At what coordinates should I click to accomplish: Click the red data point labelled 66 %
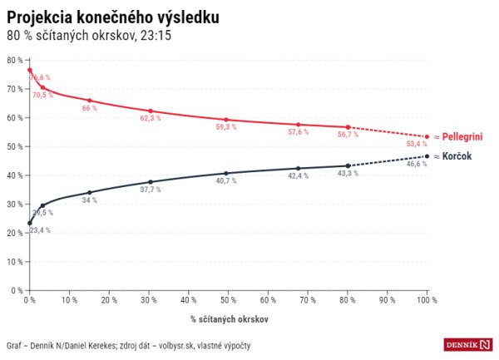pos(89,101)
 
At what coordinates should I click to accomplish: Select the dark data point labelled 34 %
pos(89,192)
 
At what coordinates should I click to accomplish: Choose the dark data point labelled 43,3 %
pos(348,165)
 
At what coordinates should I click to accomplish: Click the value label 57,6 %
pos(297,133)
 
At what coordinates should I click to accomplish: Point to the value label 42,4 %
pos(297,176)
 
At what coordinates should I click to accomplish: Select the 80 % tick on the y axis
pos(14,60)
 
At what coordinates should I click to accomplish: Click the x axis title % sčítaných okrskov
pos(228,318)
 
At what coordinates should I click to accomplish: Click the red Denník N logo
pos(468,344)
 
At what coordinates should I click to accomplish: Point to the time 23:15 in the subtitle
pos(155,36)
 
